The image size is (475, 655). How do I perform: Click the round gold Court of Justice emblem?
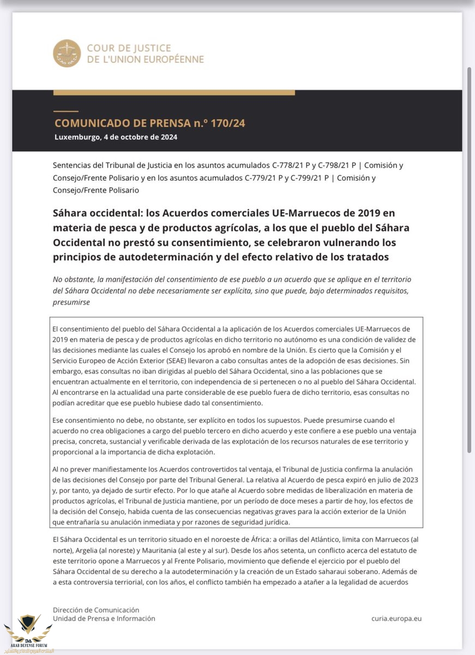point(67,53)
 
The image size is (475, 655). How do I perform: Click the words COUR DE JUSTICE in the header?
point(129,48)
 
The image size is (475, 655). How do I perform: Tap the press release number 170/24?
point(227,123)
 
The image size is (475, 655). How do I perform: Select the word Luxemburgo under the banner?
point(77,137)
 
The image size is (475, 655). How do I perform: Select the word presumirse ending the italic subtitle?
point(71,302)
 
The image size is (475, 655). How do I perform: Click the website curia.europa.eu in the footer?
point(396,618)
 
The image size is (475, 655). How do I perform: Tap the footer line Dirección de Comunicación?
point(96,610)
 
